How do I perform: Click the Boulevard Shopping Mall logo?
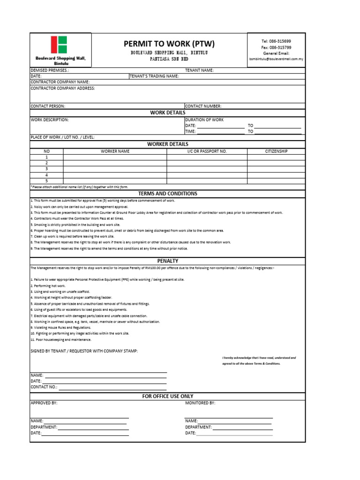point(60,45)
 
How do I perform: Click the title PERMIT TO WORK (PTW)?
point(169,44)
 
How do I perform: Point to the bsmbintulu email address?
point(276,59)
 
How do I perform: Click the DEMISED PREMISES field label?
point(50,70)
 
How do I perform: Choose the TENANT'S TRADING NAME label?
point(154,75)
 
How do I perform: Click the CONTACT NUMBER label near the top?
point(204,106)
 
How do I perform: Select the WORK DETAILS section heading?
point(167,112)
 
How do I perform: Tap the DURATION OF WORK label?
point(204,120)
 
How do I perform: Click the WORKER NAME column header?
point(115,151)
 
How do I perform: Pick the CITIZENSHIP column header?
point(276,151)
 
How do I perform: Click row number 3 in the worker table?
point(46,169)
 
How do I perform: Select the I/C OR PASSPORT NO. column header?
point(207,151)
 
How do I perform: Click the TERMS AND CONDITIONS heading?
point(167,194)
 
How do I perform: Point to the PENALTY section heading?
point(167,261)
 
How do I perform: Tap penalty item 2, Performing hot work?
point(48,285)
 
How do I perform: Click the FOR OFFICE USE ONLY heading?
point(167,396)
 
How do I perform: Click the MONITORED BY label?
point(200,403)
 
